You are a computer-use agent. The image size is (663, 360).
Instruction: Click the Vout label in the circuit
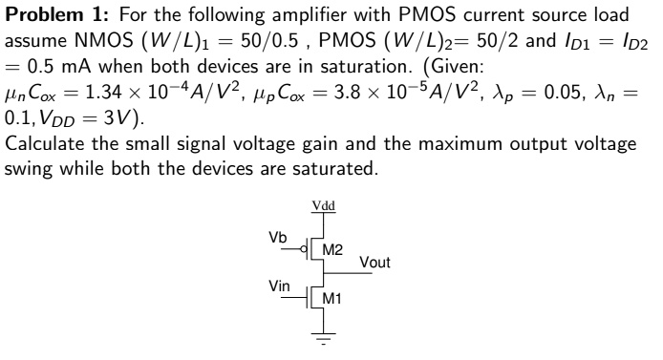point(375,261)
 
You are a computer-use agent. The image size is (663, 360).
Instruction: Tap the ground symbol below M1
point(322,337)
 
